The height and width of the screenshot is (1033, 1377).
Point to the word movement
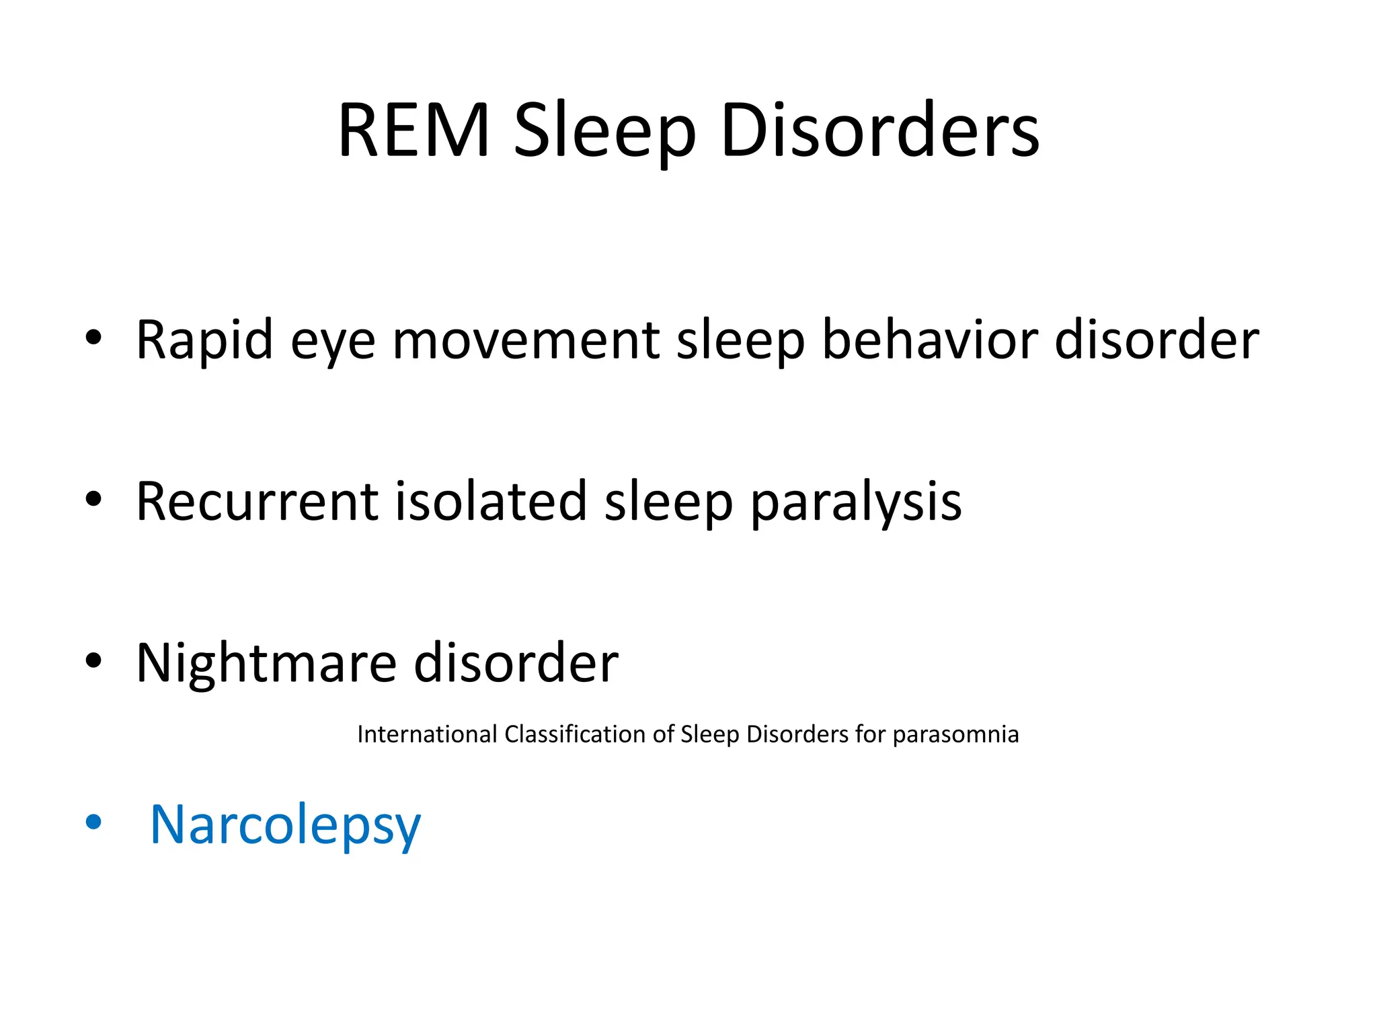click(526, 340)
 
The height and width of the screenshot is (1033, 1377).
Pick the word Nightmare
click(266, 663)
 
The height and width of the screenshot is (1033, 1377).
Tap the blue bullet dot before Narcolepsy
click(93, 822)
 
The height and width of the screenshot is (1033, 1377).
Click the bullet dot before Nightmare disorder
click(93, 660)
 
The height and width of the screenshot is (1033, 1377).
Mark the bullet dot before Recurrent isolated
click(93, 499)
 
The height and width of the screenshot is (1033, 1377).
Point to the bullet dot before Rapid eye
click(93, 338)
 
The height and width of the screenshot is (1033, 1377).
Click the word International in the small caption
click(427, 734)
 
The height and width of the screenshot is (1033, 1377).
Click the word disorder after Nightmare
click(516, 663)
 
